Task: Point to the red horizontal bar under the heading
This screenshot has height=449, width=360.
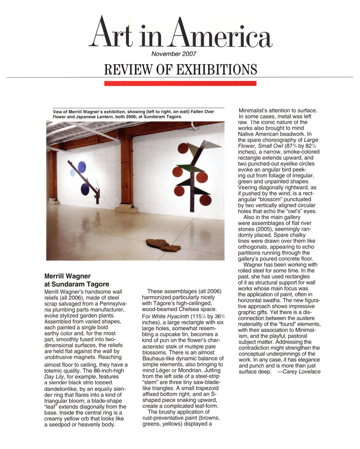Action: coord(180,84)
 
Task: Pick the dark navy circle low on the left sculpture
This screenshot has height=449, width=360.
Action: coord(85,189)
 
